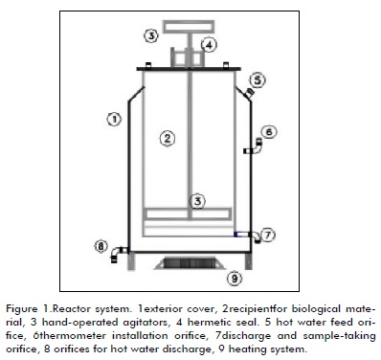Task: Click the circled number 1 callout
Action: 114,120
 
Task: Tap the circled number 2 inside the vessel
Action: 168,139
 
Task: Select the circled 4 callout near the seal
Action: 209,45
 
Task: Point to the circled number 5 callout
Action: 258,80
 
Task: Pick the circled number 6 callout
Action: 269,131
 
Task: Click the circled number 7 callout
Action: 268,236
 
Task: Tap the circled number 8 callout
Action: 101,246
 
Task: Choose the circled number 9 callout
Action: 235,279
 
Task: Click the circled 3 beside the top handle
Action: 151,35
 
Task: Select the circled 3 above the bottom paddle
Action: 198,201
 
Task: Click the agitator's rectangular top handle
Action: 189,27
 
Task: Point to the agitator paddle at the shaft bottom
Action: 188,214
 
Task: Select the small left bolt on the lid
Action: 148,65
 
